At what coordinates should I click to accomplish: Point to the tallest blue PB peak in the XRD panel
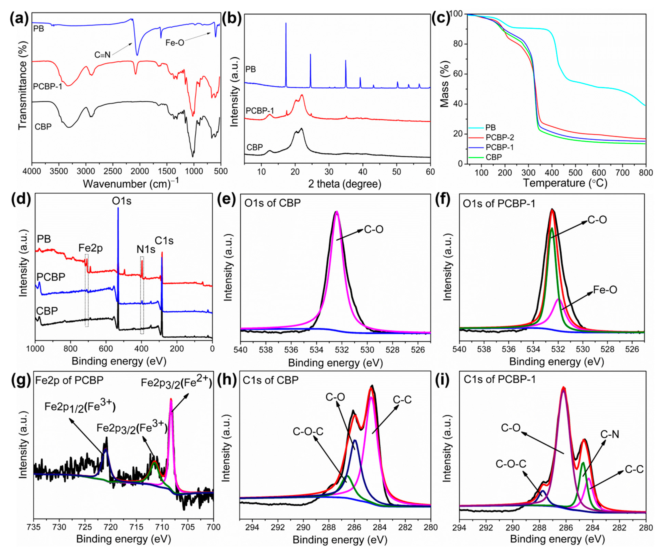click(x=286, y=24)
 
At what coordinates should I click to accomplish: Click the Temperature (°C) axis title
click(x=565, y=183)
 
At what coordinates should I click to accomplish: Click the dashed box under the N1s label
click(x=142, y=295)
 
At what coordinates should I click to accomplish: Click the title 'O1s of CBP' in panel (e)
click(x=273, y=203)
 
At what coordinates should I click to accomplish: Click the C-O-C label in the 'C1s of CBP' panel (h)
click(x=308, y=431)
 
